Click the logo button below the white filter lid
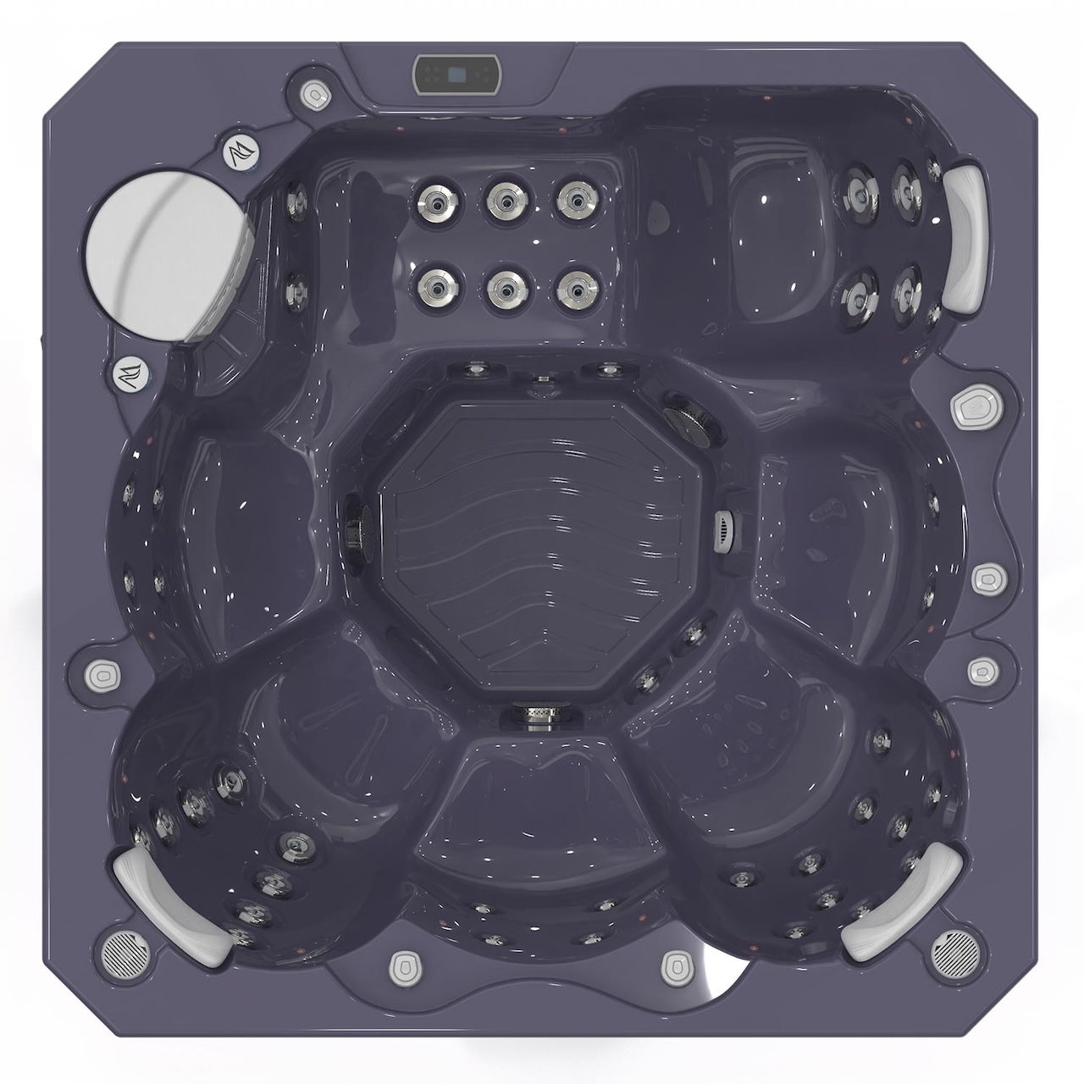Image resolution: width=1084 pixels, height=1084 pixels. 130,373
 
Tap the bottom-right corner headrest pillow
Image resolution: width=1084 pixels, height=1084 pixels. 904,900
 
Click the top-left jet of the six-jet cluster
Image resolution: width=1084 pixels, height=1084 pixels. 433,200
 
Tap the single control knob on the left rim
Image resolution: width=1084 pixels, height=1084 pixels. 102,675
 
